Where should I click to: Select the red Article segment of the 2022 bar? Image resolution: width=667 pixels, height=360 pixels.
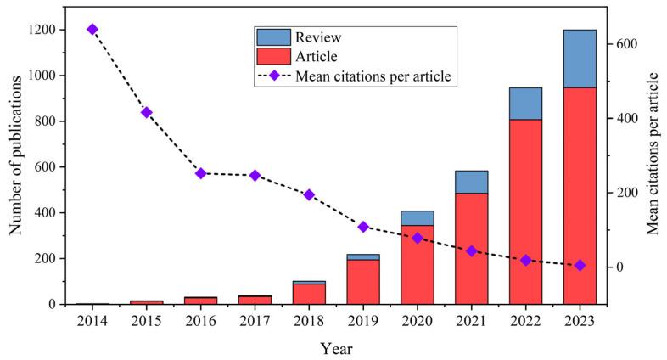point(525,211)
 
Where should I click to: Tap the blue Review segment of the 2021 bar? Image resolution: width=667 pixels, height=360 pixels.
point(471,182)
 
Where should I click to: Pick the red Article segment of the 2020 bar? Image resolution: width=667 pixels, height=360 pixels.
point(417,264)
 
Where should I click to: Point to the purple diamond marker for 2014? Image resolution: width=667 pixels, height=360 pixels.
point(92,30)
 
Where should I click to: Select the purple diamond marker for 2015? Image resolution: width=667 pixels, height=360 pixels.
point(146,112)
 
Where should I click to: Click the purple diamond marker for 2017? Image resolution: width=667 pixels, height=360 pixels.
point(255,176)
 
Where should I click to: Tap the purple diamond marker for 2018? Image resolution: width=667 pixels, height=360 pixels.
point(309,194)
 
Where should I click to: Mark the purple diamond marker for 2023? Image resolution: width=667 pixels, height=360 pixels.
point(580,266)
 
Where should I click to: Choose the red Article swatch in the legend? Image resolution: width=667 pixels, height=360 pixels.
point(272,57)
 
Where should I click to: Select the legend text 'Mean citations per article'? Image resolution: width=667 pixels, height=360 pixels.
point(373,76)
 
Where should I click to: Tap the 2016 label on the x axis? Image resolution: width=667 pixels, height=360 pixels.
point(200,321)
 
